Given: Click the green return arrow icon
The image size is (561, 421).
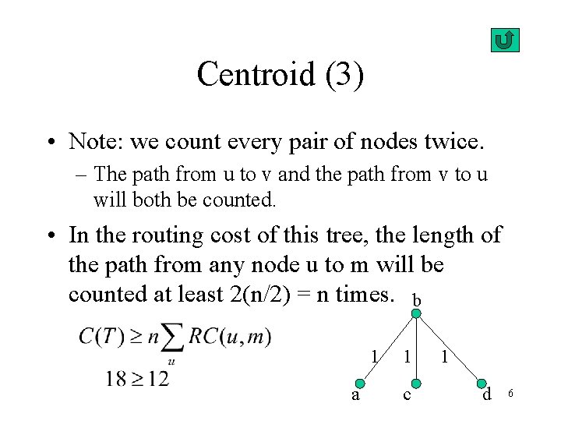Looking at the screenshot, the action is coord(506,40).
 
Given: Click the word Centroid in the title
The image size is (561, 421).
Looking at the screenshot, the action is coord(254,75).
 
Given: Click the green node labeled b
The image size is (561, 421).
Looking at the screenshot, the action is coord(417,314).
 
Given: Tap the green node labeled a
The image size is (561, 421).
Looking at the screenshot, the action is coord(360,384).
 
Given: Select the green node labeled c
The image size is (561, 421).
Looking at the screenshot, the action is coord(417,384).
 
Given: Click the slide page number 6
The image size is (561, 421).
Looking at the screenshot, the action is coord(510,394).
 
